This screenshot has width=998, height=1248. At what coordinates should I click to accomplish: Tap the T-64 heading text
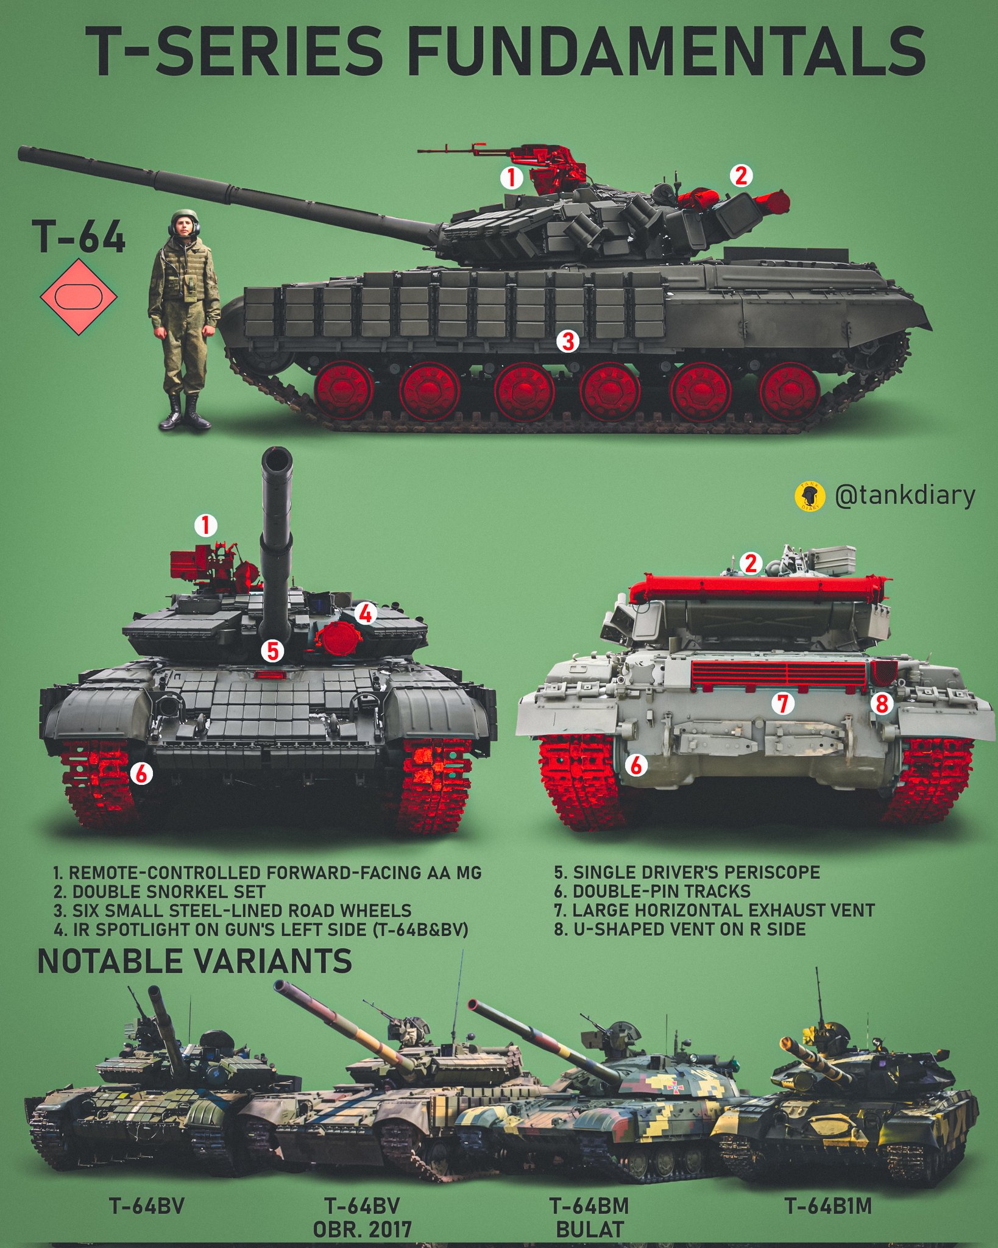click(x=80, y=237)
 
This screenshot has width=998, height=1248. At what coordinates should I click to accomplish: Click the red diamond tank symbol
click(x=79, y=297)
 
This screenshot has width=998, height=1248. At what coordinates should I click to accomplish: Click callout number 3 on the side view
click(x=568, y=341)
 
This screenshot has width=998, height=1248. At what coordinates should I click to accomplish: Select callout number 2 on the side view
click(x=740, y=176)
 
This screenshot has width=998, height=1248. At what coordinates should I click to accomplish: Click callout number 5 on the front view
click(x=272, y=651)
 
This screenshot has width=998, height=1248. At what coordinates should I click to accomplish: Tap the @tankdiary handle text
click(x=904, y=495)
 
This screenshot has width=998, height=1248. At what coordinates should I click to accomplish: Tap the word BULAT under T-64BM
click(x=590, y=1229)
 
